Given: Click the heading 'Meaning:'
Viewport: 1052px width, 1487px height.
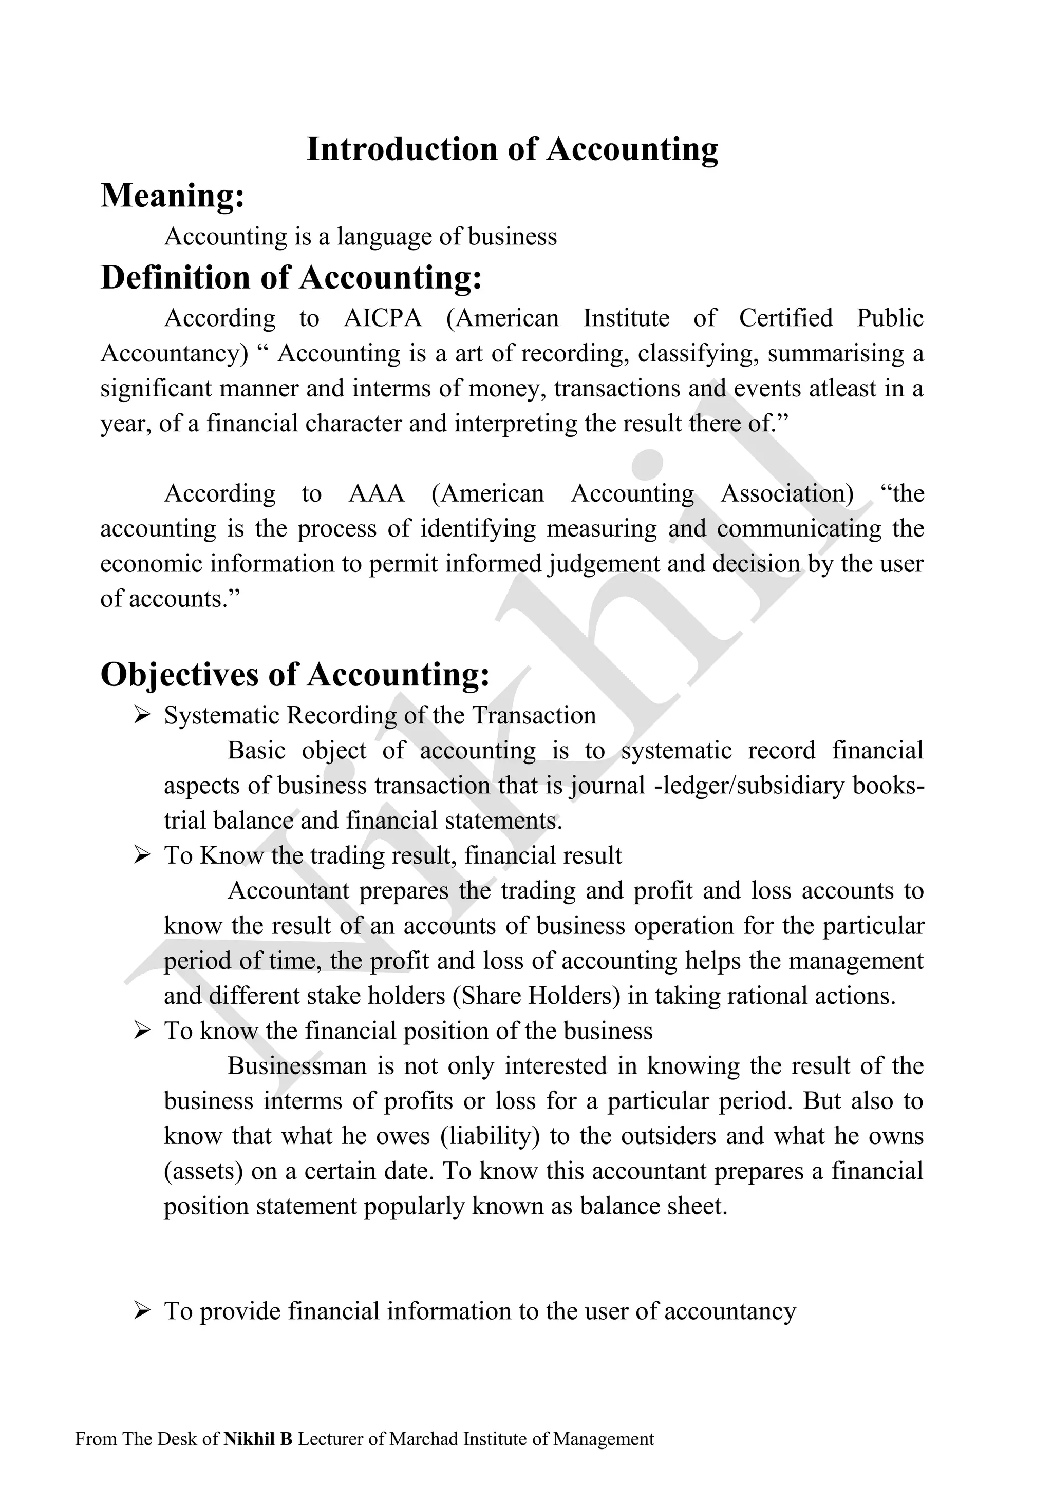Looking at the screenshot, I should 172,196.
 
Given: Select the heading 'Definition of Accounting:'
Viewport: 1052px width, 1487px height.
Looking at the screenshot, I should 291,278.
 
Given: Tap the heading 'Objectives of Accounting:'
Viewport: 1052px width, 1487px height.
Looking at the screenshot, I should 295,674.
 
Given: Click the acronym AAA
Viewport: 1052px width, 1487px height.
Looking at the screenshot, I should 377,494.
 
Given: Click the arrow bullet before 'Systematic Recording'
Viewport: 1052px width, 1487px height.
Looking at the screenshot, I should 142,716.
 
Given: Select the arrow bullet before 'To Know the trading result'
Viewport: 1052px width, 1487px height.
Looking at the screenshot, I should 142,855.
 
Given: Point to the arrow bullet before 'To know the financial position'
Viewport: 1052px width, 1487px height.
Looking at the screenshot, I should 142,1031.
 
